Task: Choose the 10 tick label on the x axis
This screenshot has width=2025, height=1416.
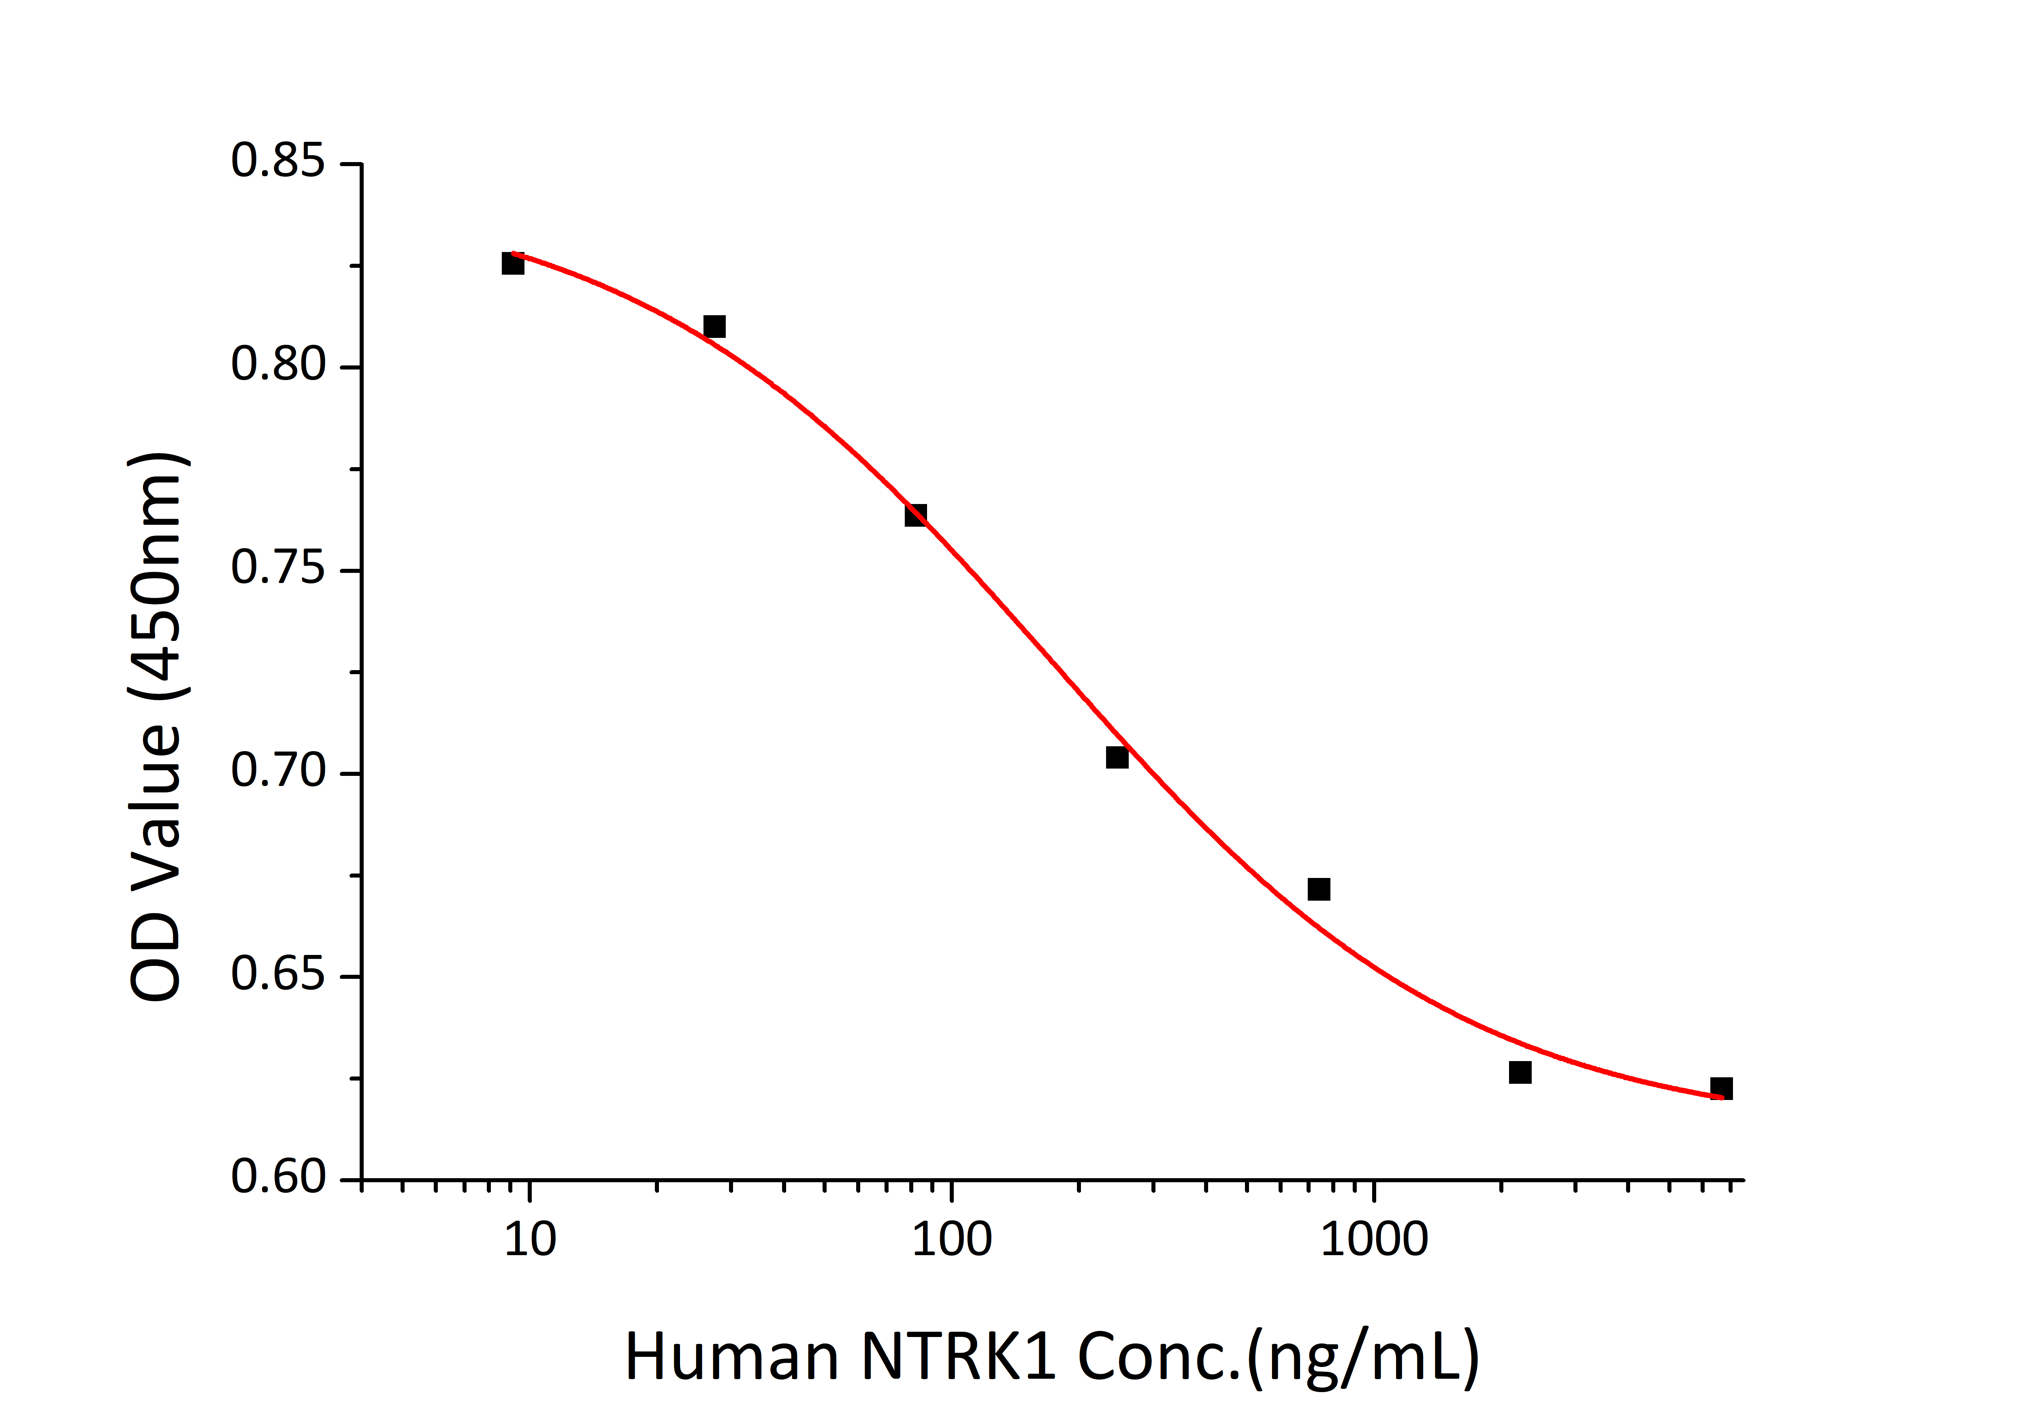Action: coord(529,1241)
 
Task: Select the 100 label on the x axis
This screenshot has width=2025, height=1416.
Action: coord(952,1241)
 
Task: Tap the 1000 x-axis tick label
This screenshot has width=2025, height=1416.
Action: coord(1373,1241)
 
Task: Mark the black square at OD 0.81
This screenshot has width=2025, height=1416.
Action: coord(714,327)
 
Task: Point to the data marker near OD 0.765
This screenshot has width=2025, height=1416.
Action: coord(915,515)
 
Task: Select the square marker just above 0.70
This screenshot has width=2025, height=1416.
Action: coord(1117,757)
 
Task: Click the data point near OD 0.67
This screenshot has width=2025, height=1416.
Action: coord(1319,889)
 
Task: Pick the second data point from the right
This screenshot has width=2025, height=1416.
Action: coord(1520,1073)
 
